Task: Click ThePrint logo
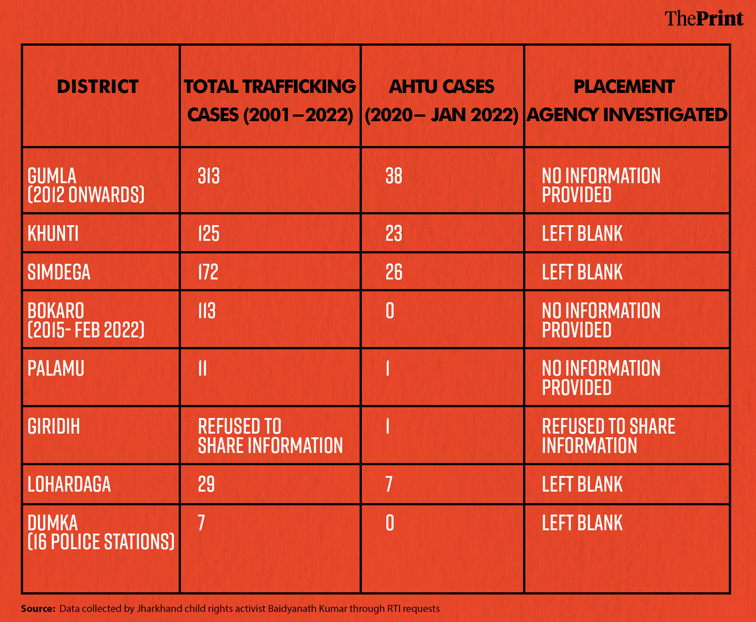tap(704, 19)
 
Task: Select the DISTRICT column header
tap(98, 87)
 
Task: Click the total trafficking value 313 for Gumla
tap(209, 176)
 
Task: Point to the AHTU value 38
tap(394, 176)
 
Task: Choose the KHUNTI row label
tap(53, 234)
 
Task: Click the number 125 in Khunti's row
tap(209, 234)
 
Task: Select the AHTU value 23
tap(394, 234)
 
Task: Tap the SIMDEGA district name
tap(59, 272)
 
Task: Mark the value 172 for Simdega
tap(208, 272)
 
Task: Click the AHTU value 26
tap(394, 272)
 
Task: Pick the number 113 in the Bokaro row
tap(207, 311)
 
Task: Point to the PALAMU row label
tap(56, 369)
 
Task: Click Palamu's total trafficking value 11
tap(202, 369)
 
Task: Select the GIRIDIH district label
tap(54, 426)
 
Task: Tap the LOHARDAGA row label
tap(69, 484)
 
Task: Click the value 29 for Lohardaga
tap(206, 484)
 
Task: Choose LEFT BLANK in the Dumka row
tap(582, 523)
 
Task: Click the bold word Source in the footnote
tap(38, 609)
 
